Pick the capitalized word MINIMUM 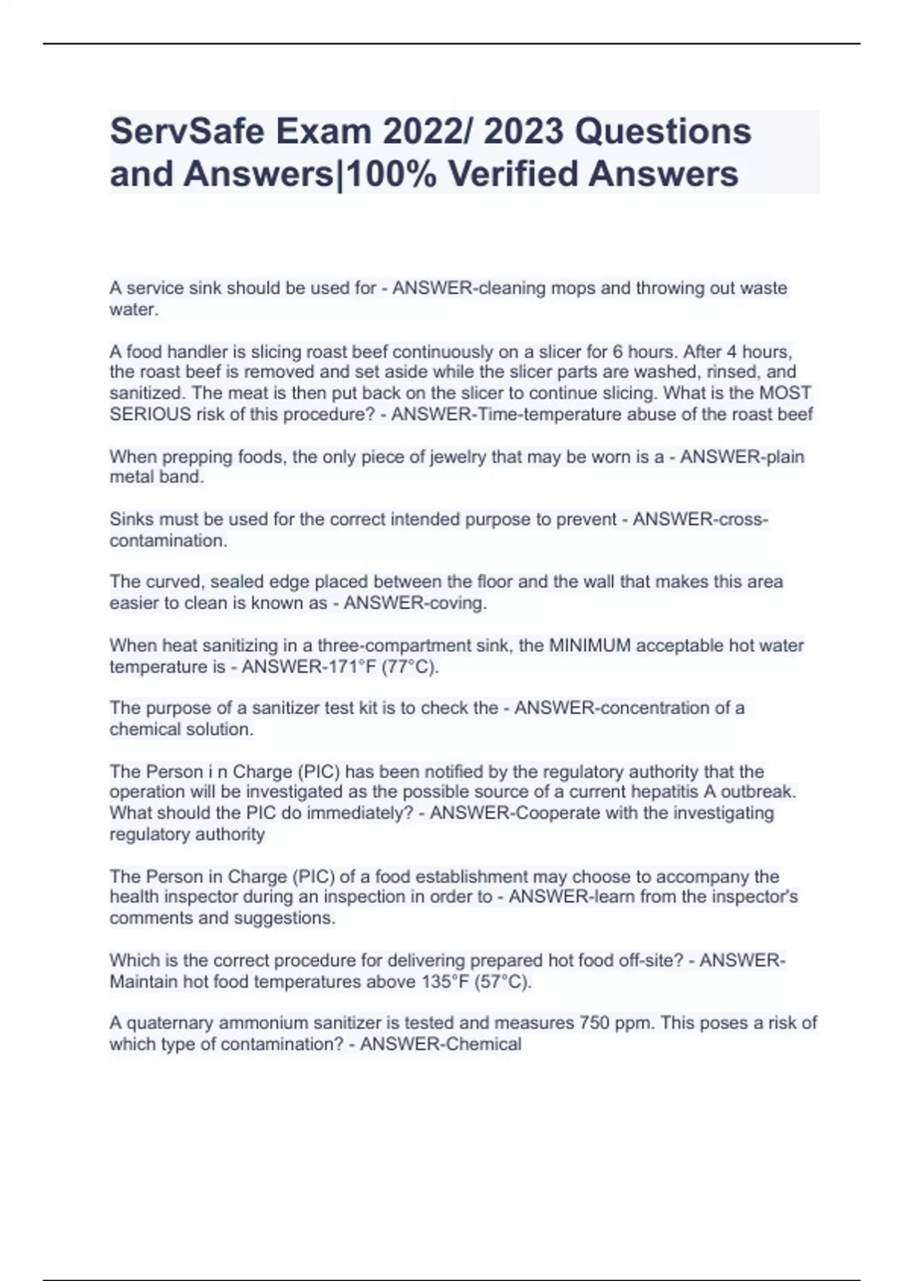pyautogui.click(x=590, y=645)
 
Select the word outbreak pyautogui.click(x=760, y=792)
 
